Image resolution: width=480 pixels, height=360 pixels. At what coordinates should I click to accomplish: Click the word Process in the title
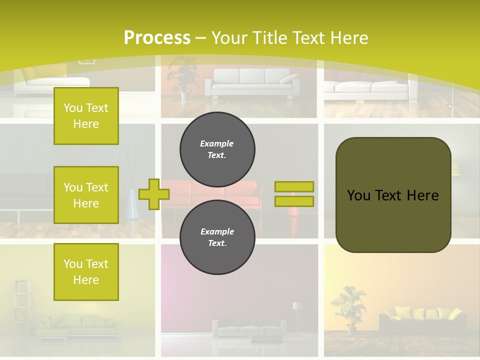tap(157, 37)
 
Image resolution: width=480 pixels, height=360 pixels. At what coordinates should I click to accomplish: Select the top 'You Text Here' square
tap(86, 116)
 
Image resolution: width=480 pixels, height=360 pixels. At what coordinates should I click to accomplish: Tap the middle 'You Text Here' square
tap(86, 195)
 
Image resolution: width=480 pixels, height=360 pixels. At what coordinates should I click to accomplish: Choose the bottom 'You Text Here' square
tap(86, 272)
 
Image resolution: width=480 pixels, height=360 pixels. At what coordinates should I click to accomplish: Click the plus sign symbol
tap(153, 194)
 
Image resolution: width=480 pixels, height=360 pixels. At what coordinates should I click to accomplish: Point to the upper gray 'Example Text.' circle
tap(217, 149)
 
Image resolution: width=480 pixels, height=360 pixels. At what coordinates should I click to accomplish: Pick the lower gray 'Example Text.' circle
tap(217, 237)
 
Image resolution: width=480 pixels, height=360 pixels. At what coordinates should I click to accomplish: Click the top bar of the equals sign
tap(294, 186)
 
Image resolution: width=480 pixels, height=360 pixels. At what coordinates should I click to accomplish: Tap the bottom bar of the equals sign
tap(294, 201)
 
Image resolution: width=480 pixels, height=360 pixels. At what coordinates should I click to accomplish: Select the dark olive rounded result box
tap(393, 194)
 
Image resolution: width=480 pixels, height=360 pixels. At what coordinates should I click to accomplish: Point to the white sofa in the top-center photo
tap(252, 82)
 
